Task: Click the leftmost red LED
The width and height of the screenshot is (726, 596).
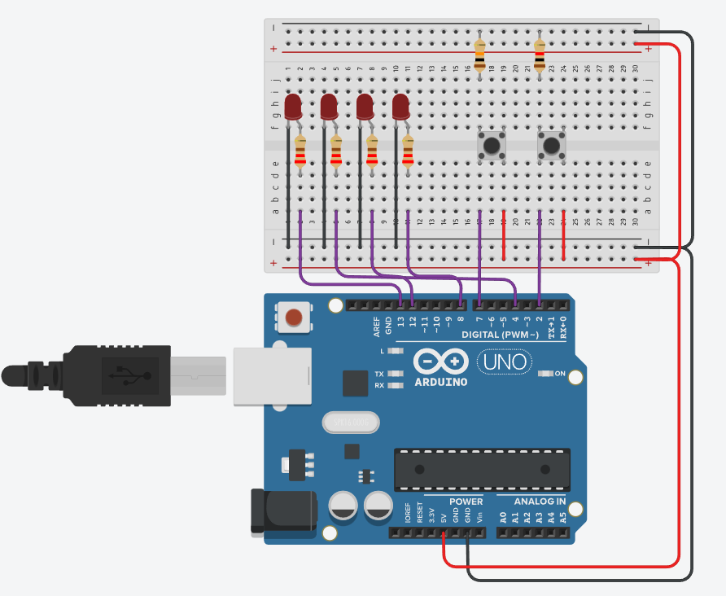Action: [x=293, y=107]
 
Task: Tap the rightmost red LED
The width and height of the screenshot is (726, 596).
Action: [x=400, y=107]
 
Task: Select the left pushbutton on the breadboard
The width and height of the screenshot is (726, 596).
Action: [x=491, y=147]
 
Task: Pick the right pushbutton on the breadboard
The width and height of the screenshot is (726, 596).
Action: [x=552, y=147]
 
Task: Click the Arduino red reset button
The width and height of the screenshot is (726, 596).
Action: [x=294, y=317]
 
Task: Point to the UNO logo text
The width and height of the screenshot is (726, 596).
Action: [x=505, y=360]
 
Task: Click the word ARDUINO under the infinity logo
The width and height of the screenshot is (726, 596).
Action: [x=440, y=382]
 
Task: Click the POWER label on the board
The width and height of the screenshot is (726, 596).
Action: [x=466, y=502]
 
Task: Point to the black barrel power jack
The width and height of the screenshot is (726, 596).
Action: [x=282, y=510]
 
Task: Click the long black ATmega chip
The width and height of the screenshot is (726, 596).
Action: [x=480, y=470]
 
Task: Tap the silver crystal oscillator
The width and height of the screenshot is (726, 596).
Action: [x=352, y=423]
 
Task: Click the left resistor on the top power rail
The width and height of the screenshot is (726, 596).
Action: [x=479, y=55]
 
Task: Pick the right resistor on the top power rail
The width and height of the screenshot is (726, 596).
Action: [x=540, y=55]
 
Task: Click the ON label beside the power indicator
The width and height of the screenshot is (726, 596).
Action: [x=560, y=374]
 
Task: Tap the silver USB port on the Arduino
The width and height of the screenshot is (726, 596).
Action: [x=272, y=375]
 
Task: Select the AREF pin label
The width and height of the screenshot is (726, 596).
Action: [x=377, y=326]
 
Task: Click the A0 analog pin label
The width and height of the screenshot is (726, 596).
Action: [x=503, y=516]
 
